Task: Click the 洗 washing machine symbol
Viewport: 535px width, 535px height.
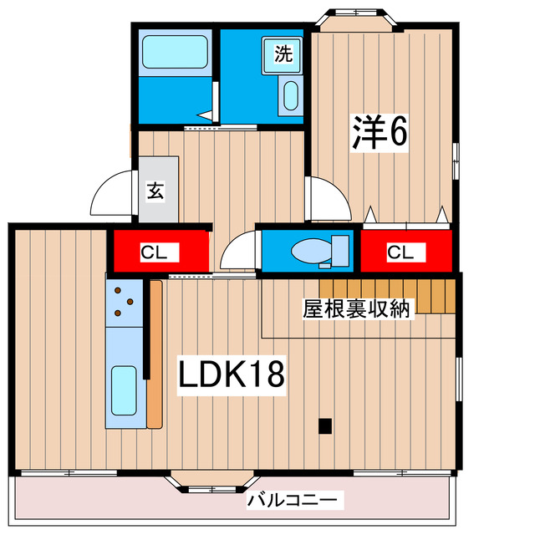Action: pos(284,55)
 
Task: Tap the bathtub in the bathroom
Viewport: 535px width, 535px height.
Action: pos(175,52)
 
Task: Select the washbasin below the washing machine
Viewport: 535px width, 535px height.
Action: pos(289,96)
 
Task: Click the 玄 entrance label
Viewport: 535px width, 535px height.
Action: pos(156,191)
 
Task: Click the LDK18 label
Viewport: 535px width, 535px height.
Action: pos(232,374)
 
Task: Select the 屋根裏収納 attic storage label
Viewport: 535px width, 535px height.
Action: pos(356,308)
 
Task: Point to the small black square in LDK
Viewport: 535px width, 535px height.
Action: pos(324,425)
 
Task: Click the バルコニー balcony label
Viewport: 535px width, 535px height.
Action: pos(293,501)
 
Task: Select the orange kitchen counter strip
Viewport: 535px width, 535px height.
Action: pos(155,355)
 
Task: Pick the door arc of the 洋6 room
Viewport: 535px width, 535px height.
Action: pos(329,197)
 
